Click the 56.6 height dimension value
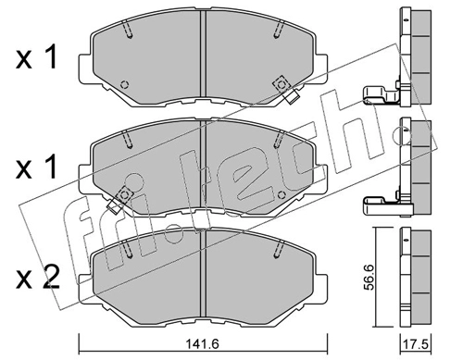369,277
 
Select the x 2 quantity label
37,278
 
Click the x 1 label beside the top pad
37,56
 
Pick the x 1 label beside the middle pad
37,167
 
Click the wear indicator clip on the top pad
285,90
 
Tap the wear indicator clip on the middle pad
120,200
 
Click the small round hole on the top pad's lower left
125,84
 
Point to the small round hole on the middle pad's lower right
282,195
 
